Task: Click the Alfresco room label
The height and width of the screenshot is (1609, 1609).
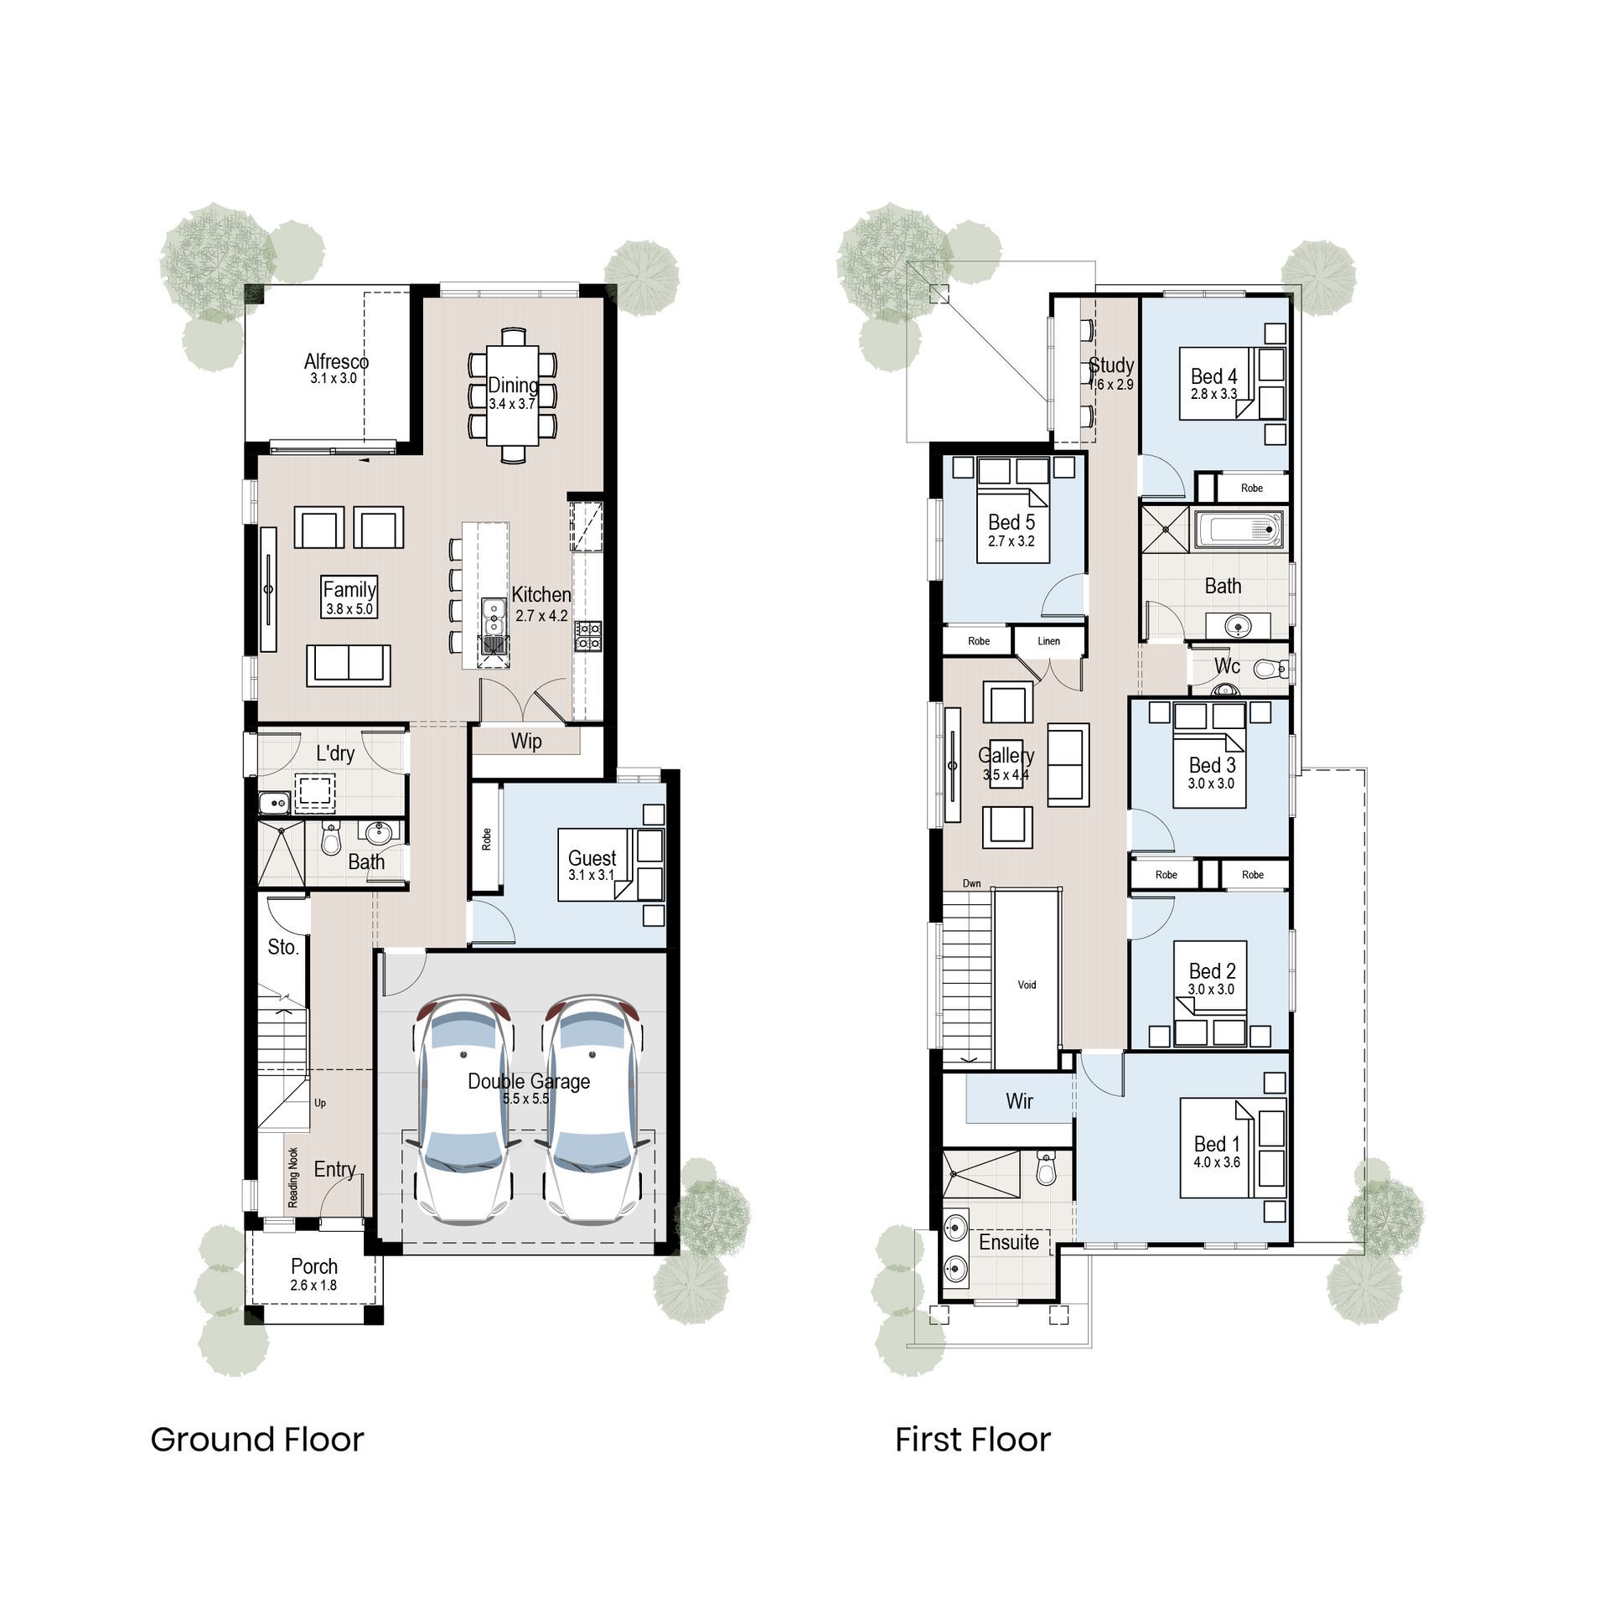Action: click(x=336, y=362)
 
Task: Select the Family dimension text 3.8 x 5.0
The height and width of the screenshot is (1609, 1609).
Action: click(x=349, y=609)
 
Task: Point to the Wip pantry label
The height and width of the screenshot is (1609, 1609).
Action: click(x=526, y=741)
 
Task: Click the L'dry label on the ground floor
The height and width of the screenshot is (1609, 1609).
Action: click(x=335, y=753)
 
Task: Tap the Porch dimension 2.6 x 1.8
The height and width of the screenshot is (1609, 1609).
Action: click(x=314, y=1286)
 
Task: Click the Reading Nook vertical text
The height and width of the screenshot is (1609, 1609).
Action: click(x=293, y=1177)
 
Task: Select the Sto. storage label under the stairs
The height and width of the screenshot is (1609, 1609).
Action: click(x=283, y=947)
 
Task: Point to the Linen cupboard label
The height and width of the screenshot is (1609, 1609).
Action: click(x=1048, y=641)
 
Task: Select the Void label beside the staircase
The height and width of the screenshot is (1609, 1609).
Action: click(x=1027, y=985)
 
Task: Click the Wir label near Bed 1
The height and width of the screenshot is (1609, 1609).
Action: click(x=1019, y=1101)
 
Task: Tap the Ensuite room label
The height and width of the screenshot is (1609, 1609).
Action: click(x=1009, y=1242)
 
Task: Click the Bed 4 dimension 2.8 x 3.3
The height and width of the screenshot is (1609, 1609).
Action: click(x=1213, y=394)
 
